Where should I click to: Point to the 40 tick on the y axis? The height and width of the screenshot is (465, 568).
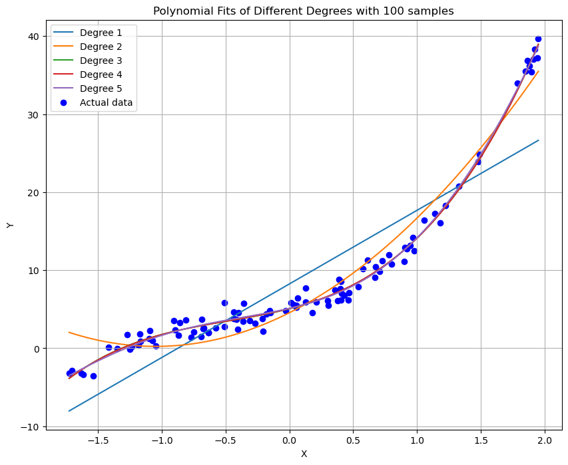34,37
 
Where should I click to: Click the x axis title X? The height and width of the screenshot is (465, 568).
304,454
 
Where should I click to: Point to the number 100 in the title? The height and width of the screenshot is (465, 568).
398,11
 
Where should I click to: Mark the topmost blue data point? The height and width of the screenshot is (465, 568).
538,39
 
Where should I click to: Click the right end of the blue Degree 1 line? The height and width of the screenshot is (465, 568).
538,140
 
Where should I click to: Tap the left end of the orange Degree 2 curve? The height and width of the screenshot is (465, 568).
69,332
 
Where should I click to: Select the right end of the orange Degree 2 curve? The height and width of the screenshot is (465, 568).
538,72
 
